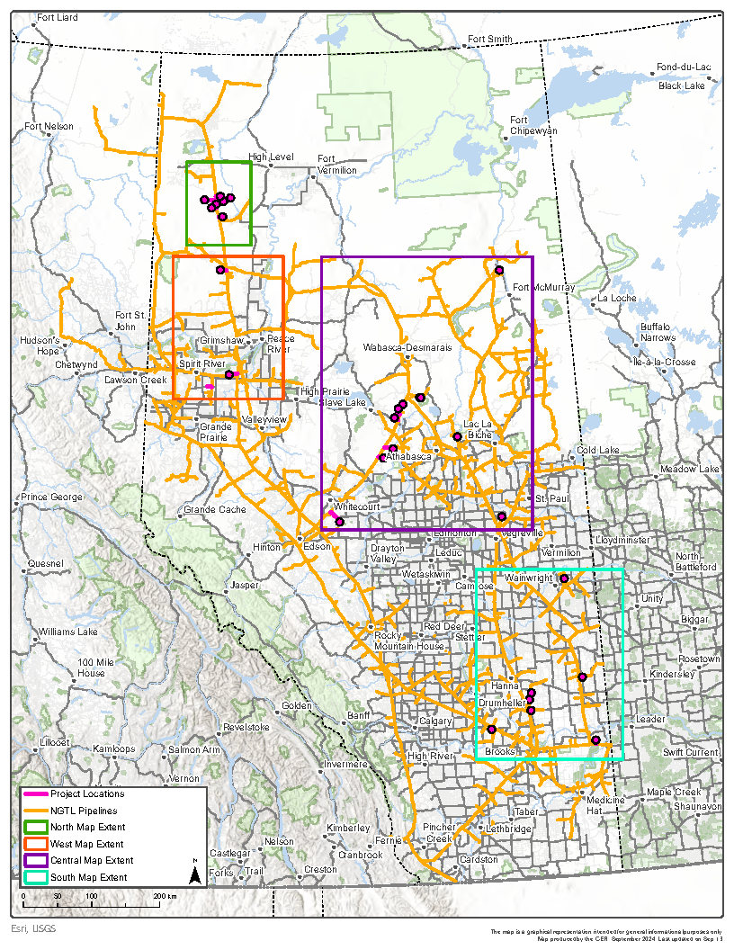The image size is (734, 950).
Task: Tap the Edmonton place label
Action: (x=454, y=533)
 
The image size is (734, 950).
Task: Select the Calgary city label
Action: (x=435, y=721)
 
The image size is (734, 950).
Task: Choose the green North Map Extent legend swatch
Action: (x=36, y=827)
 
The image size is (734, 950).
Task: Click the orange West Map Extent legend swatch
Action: (x=36, y=844)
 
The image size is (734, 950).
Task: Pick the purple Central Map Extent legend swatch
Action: (x=36, y=861)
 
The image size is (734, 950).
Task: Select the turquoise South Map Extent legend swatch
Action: (x=36, y=877)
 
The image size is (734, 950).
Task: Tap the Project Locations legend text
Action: (x=87, y=793)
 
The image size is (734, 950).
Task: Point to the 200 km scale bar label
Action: (x=164, y=898)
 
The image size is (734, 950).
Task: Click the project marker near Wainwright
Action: (x=564, y=578)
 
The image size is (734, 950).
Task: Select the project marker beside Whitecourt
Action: (x=339, y=522)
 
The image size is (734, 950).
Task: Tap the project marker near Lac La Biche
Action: (x=457, y=436)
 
